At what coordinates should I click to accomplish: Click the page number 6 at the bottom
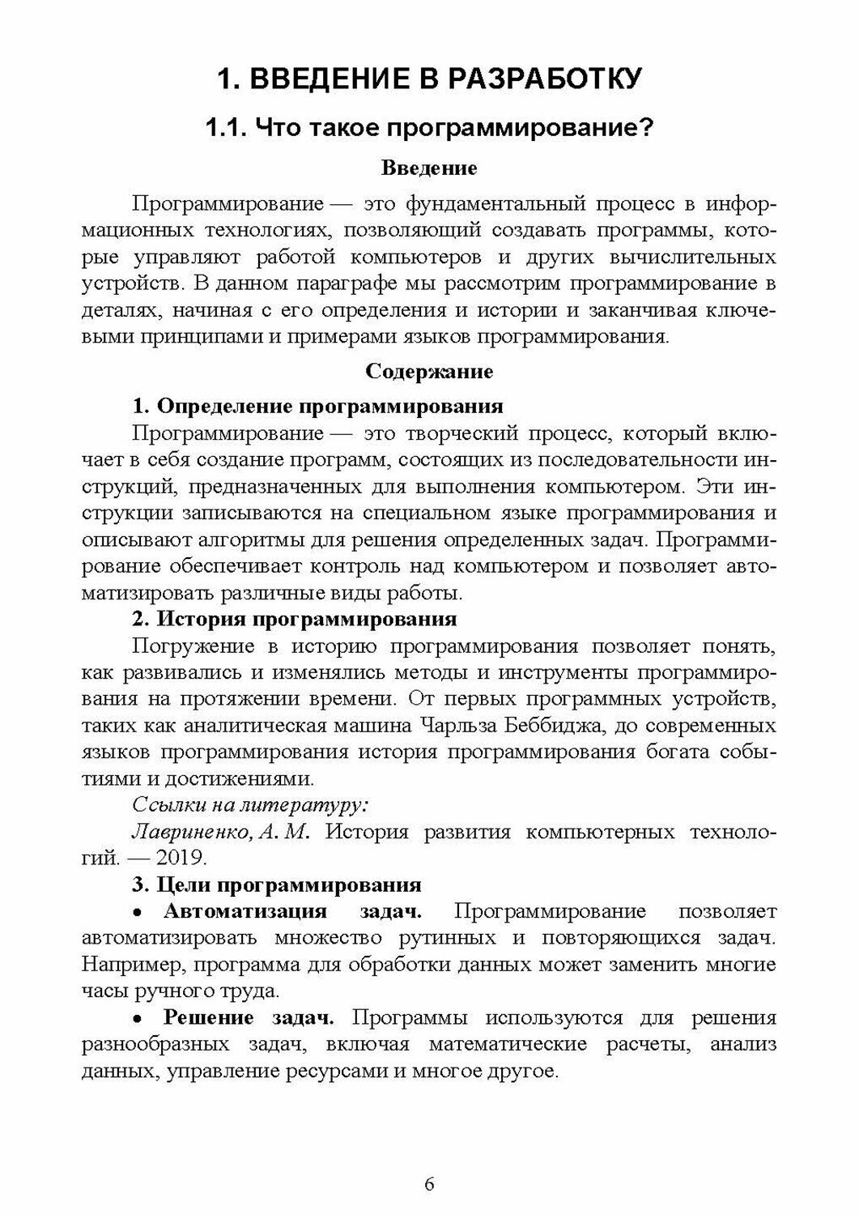point(429,1183)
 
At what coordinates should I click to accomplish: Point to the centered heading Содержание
point(429,372)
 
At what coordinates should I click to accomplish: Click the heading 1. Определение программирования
point(317,405)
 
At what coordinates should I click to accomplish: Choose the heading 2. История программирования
point(295,619)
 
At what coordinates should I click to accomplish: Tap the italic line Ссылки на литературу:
point(251,805)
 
